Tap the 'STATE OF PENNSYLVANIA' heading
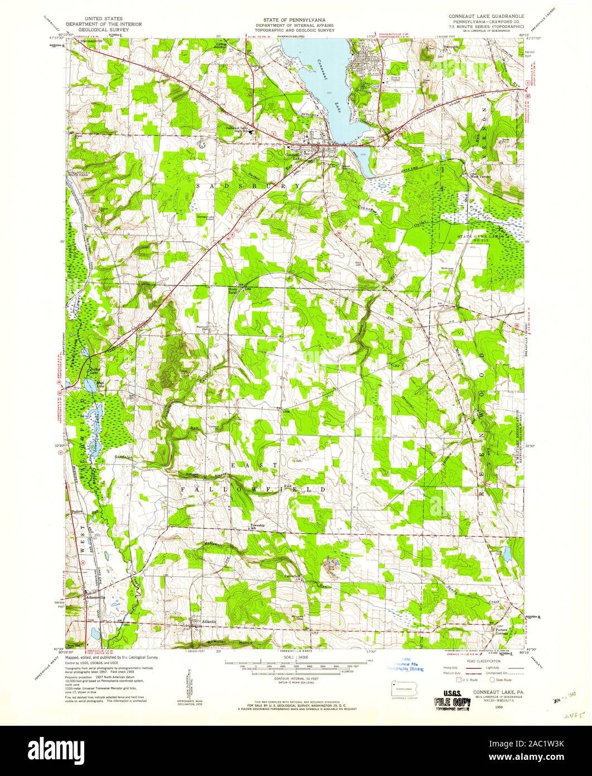pos(297,19)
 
